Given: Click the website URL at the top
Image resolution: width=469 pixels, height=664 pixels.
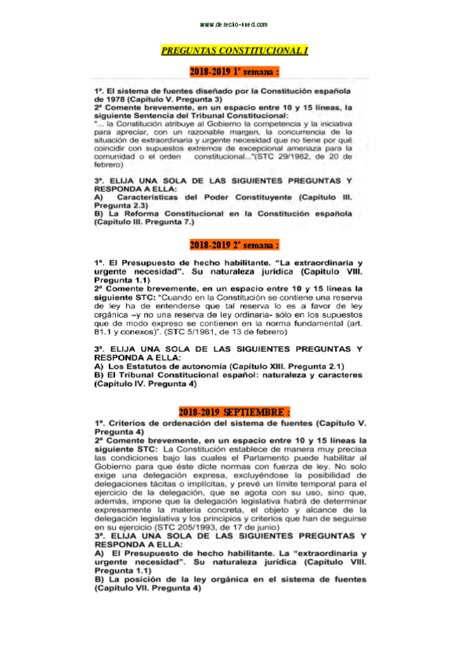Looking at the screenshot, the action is [234, 25].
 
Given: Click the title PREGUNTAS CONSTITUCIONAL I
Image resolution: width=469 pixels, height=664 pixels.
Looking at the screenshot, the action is [235, 50].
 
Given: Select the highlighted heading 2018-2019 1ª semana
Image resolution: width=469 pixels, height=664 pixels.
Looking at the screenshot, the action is [235, 72].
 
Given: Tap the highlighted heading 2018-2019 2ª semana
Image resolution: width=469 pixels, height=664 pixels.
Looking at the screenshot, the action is [235, 245].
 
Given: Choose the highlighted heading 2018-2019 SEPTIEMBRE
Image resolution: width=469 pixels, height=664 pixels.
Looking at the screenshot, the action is [235, 411].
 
